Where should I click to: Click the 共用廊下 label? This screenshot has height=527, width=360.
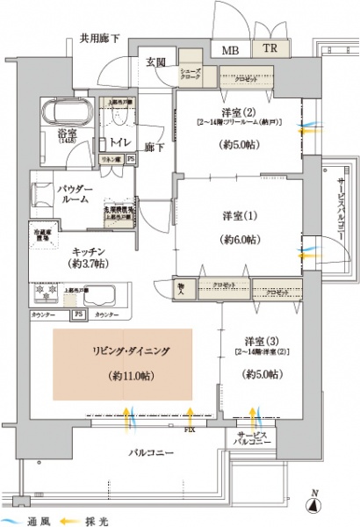[99, 38]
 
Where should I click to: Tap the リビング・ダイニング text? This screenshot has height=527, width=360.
[123, 351]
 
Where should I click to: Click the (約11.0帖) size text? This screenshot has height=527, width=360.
[123, 375]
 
